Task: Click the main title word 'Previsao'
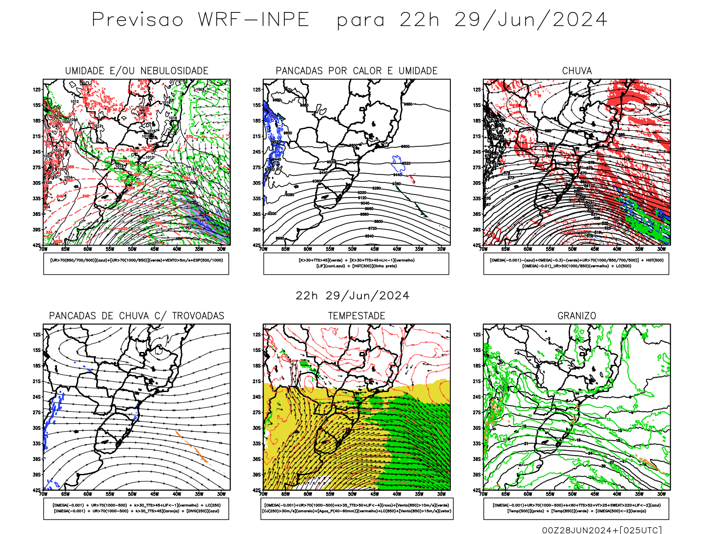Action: click(x=138, y=20)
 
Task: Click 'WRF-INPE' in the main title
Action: click(x=254, y=20)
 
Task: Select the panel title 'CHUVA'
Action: click(x=577, y=71)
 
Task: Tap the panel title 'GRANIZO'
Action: click(x=577, y=316)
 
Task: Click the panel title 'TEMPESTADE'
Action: click(x=356, y=316)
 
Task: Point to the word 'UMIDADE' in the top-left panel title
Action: click(x=85, y=71)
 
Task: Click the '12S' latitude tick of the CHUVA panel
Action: click(x=477, y=89)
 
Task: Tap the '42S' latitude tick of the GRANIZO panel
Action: click(x=477, y=490)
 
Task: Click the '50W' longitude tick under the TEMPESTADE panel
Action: click(x=352, y=494)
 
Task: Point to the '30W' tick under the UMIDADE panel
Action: click(x=221, y=249)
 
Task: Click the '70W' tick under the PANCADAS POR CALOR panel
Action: click(x=263, y=249)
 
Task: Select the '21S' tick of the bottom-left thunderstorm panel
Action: click(x=36, y=381)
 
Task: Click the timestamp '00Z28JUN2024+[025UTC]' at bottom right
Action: click(x=602, y=530)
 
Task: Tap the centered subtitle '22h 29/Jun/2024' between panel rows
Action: click(x=352, y=296)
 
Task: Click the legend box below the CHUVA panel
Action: click(x=576, y=263)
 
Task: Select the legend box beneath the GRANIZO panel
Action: click(x=576, y=508)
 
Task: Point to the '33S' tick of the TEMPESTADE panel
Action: click(x=257, y=444)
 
